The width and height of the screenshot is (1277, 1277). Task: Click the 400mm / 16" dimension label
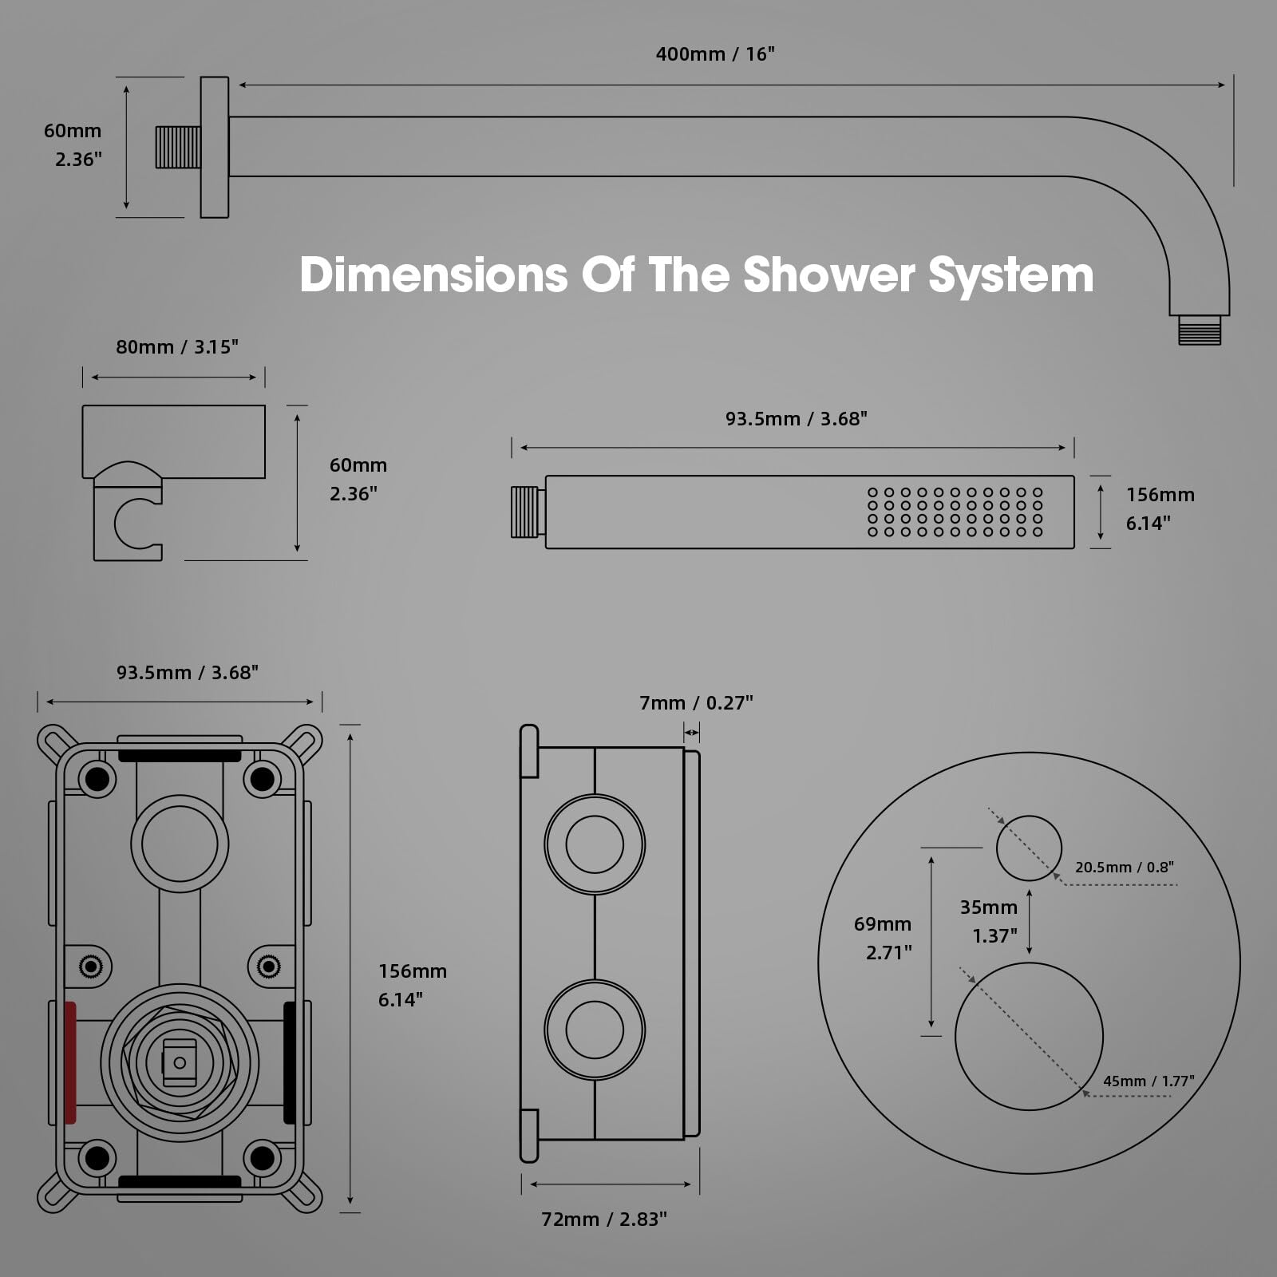(715, 54)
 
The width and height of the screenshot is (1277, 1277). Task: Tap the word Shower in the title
(829, 275)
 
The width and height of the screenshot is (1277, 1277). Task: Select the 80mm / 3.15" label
(177, 347)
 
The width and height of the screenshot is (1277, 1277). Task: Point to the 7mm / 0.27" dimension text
(696, 703)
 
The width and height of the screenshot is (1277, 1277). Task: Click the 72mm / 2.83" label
(604, 1220)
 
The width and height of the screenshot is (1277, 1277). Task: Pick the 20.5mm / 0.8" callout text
(1124, 868)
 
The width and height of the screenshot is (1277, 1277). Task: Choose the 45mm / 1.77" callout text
(1149, 1081)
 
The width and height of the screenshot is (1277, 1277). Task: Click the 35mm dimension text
(988, 907)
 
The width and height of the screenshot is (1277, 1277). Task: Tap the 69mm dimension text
(883, 924)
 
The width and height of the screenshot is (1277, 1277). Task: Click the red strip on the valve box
(70, 1062)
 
